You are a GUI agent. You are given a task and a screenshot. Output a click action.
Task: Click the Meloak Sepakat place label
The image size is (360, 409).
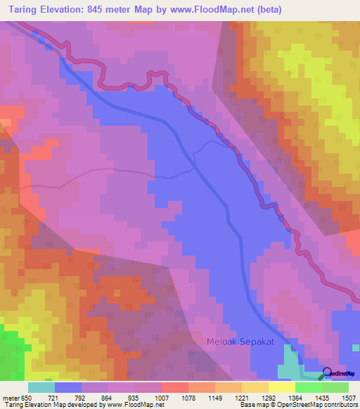240,342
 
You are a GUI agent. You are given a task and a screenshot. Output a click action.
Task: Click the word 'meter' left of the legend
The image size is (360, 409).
11,398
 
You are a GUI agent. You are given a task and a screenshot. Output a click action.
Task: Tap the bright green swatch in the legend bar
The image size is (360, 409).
309,387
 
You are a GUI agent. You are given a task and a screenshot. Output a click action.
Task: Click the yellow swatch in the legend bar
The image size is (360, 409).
282,387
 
